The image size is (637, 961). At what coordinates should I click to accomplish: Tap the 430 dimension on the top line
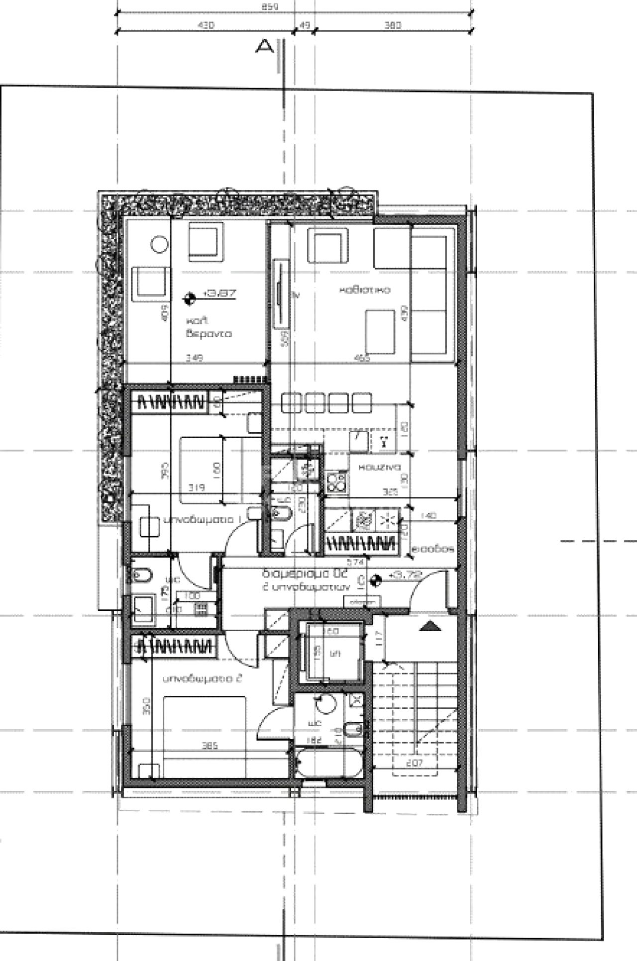coord(206,25)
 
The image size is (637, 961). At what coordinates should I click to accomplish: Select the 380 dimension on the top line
coord(393,25)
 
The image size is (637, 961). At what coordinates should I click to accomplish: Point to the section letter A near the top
coord(264,47)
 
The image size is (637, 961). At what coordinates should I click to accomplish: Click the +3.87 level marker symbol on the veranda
coord(188,298)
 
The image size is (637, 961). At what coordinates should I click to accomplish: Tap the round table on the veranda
coord(159,244)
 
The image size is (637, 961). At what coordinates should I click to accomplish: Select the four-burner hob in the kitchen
coord(336,481)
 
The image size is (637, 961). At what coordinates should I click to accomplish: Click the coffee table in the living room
coord(380,331)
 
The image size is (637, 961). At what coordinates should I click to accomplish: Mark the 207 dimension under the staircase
coord(414,763)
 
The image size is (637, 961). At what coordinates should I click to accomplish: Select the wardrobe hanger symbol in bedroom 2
coord(177,647)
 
